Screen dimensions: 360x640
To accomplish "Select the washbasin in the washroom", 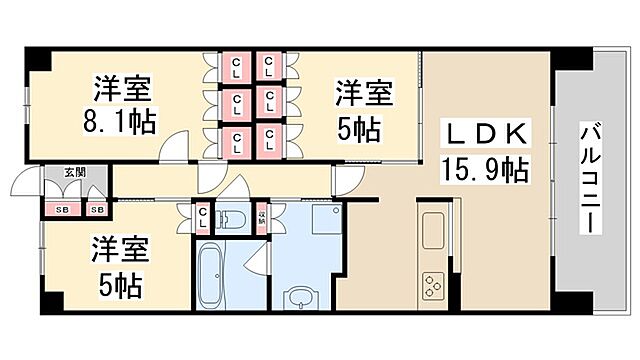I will (300, 296).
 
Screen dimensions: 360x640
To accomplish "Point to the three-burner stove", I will (434, 285).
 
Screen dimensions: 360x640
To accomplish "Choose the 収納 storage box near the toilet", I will (262, 217).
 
